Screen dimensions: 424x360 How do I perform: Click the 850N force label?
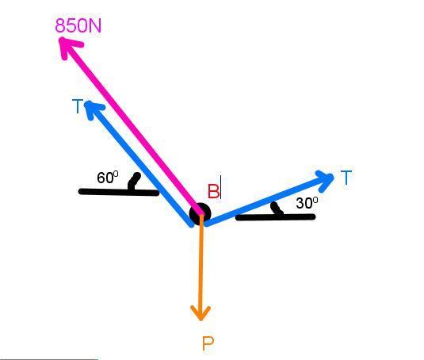pyautogui.click(x=78, y=26)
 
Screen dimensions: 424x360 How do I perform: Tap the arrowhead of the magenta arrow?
pyautogui.click(x=68, y=46)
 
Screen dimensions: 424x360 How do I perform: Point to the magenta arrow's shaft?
pyautogui.click(x=132, y=127)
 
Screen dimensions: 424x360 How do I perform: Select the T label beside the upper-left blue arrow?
pyautogui.click(x=78, y=106)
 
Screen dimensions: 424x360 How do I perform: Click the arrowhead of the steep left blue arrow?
pyautogui.click(x=93, y=108)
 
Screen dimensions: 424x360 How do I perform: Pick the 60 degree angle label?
pyautogui.click(x=107, y=178)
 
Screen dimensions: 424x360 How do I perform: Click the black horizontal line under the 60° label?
pyautogui.click(x=119, y=192)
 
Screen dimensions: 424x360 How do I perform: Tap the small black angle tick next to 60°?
pyautogui.click(x=134, y=182)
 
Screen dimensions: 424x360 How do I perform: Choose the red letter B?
pyautogui.click(x=213, y=191)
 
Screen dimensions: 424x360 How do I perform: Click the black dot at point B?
pyautogui.click(x=200, y=213)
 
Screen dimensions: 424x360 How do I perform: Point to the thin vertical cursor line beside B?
pyautogui.click(x=220, y=187)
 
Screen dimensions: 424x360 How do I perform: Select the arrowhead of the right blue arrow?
pyautogui.click(x=326, y=180)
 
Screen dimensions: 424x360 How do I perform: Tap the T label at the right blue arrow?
pyautogui.click(x=346, y=178)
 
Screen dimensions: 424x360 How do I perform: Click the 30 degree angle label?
pyautogui.click(x=307, y=203)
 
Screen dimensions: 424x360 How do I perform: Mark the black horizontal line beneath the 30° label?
pyautogui.click(x=276, y=217)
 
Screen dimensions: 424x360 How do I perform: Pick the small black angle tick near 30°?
pyautogui.click(x=277, y=209)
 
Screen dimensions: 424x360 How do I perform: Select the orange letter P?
pyautogui.click(x=208, y=344)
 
